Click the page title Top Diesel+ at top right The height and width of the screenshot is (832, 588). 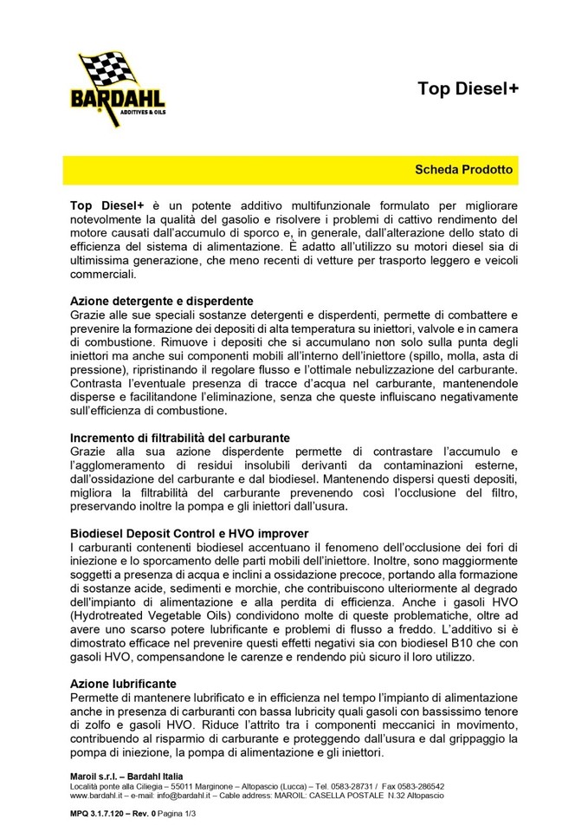point(468,88)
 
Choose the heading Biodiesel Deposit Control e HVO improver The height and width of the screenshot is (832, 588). point(189,533)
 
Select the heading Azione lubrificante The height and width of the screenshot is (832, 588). point(123,685)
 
